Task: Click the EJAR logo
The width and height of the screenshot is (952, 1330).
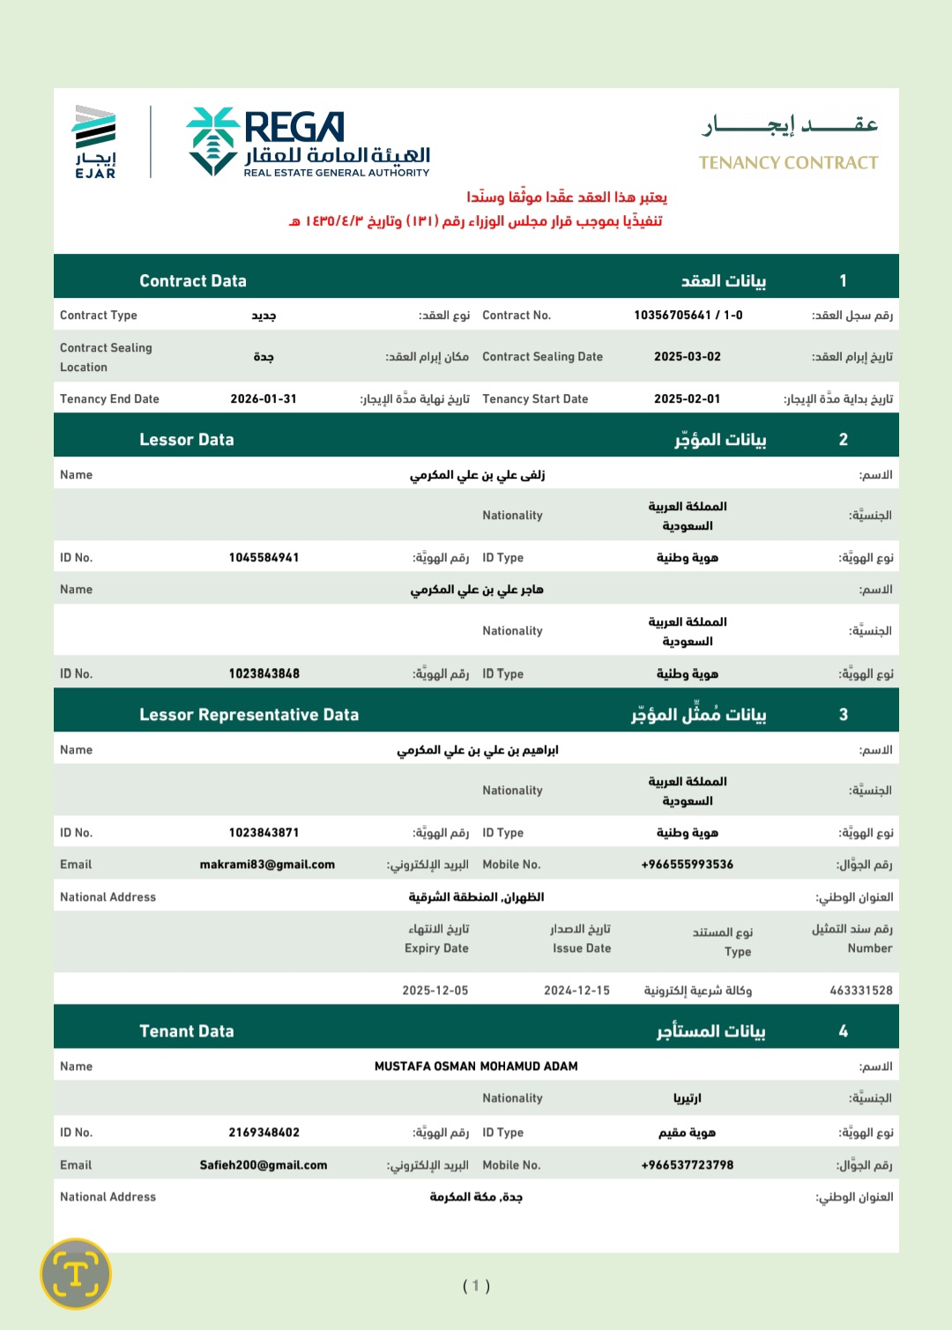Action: tap(95, 142)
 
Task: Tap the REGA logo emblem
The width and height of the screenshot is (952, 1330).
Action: tap(212, 140)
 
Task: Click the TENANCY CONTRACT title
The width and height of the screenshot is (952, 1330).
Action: tap(788, 162)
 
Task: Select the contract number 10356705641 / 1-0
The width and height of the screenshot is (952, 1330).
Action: tap(688, 316)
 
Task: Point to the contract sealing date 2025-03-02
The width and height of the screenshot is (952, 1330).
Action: tap(687, 357)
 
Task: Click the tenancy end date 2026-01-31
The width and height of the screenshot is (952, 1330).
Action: tap(264, 399)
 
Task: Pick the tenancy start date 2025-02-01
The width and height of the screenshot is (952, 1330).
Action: tap(687, 399)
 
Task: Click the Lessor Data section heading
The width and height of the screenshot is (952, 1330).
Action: tap(187, 440)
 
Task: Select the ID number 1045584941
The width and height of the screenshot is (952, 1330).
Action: tap(264, 558)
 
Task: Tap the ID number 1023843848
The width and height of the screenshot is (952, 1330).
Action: tap(264, 674)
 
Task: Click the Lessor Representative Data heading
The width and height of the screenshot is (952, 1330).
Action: tap(249, 715)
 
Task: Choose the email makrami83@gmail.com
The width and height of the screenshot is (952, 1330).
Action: tap(267, 865)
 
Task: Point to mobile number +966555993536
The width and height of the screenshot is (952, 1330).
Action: tap(687, 865)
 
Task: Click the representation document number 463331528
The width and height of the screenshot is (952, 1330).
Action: tap(860, 991)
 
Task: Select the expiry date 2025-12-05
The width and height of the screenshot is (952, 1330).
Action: tap(435, 991)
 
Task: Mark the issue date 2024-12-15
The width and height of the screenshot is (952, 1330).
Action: tap(576, 991)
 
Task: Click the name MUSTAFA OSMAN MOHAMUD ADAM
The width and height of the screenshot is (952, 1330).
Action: tap(476, 1066)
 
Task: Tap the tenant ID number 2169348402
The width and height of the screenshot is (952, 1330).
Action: tap(264, 1133)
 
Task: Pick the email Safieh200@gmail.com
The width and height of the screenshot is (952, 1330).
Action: tap(264, 1165)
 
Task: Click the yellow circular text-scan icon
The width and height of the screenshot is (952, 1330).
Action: tap(76, 1274)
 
